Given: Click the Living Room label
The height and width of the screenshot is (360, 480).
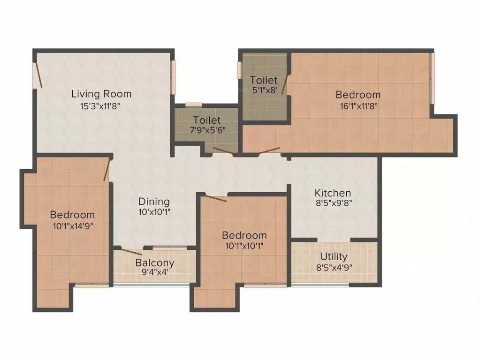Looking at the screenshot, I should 101,94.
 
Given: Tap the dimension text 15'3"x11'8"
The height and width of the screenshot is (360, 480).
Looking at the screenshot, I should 101,106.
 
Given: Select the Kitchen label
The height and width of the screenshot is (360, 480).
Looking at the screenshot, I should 333,193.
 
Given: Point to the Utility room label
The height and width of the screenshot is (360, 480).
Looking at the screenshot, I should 334,256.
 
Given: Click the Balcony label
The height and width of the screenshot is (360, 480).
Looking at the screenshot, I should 155,262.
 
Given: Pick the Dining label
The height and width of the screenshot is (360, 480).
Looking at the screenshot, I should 154,202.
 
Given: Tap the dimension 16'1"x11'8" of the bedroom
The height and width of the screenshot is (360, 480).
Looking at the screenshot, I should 358,106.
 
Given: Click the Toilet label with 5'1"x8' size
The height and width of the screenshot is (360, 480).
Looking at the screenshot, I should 263,80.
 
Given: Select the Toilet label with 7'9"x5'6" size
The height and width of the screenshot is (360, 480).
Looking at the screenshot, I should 206,120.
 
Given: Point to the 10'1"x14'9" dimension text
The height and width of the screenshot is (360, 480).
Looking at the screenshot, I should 73,226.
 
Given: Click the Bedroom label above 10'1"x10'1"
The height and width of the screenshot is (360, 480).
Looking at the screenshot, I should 244,235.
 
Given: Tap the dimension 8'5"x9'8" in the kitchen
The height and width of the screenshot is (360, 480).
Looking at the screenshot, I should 333,203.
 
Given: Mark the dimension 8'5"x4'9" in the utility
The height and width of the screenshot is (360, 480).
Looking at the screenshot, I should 334,268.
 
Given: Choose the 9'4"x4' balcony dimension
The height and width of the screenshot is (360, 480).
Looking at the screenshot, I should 155,273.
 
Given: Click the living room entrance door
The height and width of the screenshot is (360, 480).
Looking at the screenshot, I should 38,75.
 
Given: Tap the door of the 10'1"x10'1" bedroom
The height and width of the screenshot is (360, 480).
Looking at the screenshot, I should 215,198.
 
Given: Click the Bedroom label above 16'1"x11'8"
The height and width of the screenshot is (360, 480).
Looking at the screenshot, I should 358,95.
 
